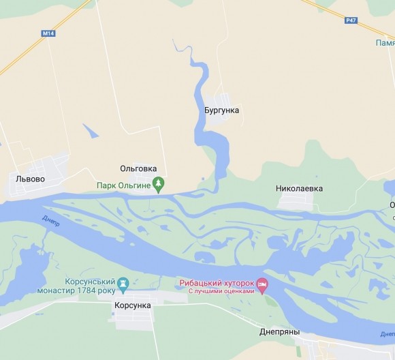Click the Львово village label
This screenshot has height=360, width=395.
[30, 179]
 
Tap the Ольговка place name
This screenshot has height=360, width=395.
[138, 168]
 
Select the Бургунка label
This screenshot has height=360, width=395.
[222, 110]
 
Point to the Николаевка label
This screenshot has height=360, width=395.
[300, 188]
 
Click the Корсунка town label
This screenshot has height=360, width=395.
[133, 306]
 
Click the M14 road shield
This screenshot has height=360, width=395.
[48, 32]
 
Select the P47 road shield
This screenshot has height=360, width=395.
[351, 20]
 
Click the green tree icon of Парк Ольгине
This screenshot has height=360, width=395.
[159, 183]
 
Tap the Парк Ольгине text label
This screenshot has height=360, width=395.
[123, 183]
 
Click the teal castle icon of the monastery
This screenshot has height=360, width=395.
[123, 283]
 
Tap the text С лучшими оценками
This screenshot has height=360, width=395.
[221, 291]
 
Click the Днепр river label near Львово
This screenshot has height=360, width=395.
[50, 220]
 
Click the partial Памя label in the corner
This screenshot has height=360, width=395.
[385, 42]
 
